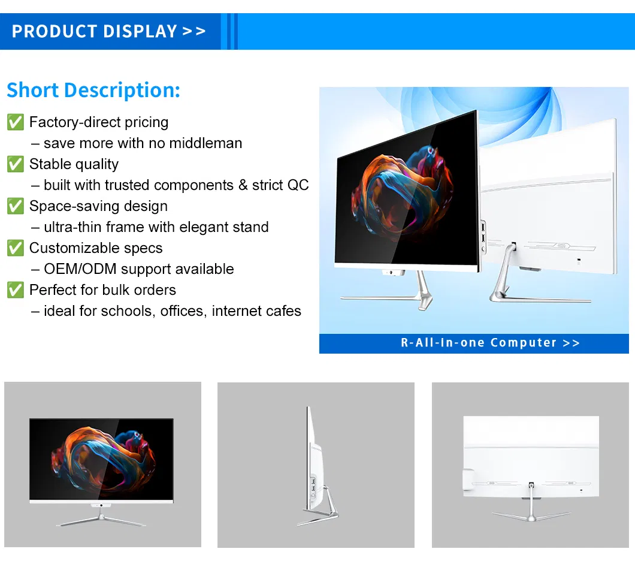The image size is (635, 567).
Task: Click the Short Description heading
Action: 93,90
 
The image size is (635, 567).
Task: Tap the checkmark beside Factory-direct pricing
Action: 15,122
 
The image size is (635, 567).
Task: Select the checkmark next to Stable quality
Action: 15,164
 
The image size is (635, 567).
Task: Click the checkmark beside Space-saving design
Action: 15,206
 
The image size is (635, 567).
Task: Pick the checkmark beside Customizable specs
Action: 15,248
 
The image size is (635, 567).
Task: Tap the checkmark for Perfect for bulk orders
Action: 15,290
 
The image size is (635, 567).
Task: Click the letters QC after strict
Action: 298,185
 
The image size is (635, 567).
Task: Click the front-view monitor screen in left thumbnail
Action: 101,459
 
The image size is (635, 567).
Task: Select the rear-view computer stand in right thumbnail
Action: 531,510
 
